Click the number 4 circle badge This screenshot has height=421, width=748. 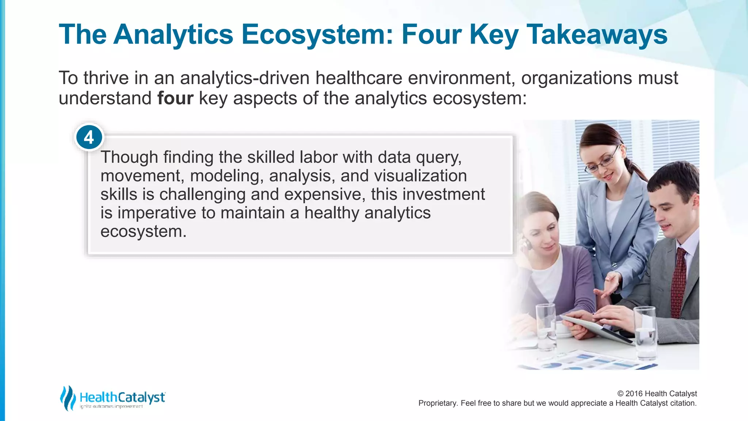[x=89, y=138]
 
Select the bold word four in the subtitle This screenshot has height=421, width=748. [x=175, y=98]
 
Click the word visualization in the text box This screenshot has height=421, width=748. [x=420, y=176]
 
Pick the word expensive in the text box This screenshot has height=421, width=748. [x=325, y=194]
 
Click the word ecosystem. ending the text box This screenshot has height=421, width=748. [x=143, y=232]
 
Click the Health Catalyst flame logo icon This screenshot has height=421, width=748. [x=68, y=398]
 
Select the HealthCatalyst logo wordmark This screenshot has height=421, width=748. [x=122, y=397]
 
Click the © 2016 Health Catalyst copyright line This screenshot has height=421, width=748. [x=657, y=394]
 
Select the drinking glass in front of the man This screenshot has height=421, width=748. [x=645, y=333]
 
